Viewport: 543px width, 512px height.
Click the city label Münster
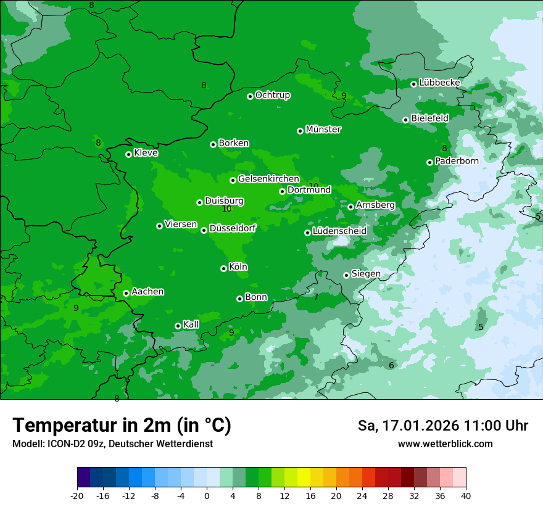pos(323,130)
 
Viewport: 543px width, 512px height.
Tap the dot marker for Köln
pos(223,268)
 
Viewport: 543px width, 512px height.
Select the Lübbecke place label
pos(439,83)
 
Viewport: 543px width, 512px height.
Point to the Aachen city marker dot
pos(126,293)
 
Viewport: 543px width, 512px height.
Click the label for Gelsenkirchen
pos(268,179)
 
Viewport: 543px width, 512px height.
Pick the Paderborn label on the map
pos(457,161)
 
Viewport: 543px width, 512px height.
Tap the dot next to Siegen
pos(346,275)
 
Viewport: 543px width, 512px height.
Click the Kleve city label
pos(146,153)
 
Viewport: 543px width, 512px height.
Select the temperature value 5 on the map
pos(481,327)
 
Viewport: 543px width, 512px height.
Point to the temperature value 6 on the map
pos(391,366)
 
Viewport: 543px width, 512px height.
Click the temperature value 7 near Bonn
pos(316,297)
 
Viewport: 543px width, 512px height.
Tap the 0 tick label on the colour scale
pos(207,496)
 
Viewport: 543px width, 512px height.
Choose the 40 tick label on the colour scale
pos(466,496)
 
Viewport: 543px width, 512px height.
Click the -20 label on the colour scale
pos(77,496)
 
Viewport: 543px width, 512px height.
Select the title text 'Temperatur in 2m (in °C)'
pos(122,425)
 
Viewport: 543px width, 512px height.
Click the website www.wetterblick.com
pos(445,444)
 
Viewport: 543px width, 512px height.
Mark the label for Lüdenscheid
pos(339,231)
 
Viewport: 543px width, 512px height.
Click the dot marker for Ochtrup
pos(250,96)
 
